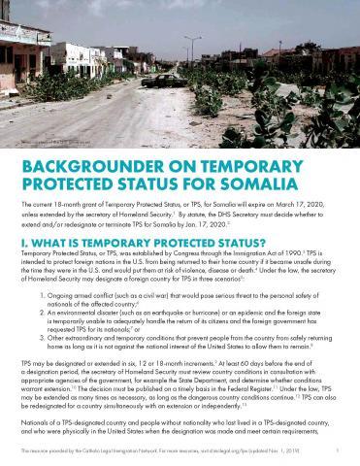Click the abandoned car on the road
(163, 80)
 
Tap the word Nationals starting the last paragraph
(36, 423)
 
